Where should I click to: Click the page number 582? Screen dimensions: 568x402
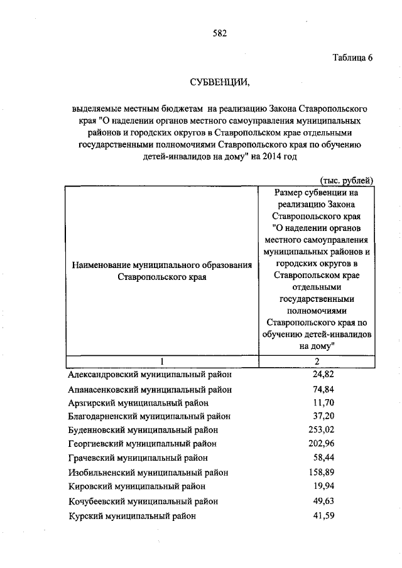(219, 33)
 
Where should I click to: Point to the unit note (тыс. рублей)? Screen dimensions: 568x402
(346, 180)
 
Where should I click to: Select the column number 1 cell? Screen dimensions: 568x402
(162, 362)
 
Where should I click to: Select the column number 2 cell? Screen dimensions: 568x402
(317, 362)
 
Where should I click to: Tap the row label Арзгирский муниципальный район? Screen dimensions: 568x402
(138, 402)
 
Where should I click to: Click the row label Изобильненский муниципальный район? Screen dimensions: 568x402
(148, 472)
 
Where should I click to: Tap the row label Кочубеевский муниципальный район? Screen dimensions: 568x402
(143, 501)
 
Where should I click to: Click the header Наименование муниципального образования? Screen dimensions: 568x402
(162, 265)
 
